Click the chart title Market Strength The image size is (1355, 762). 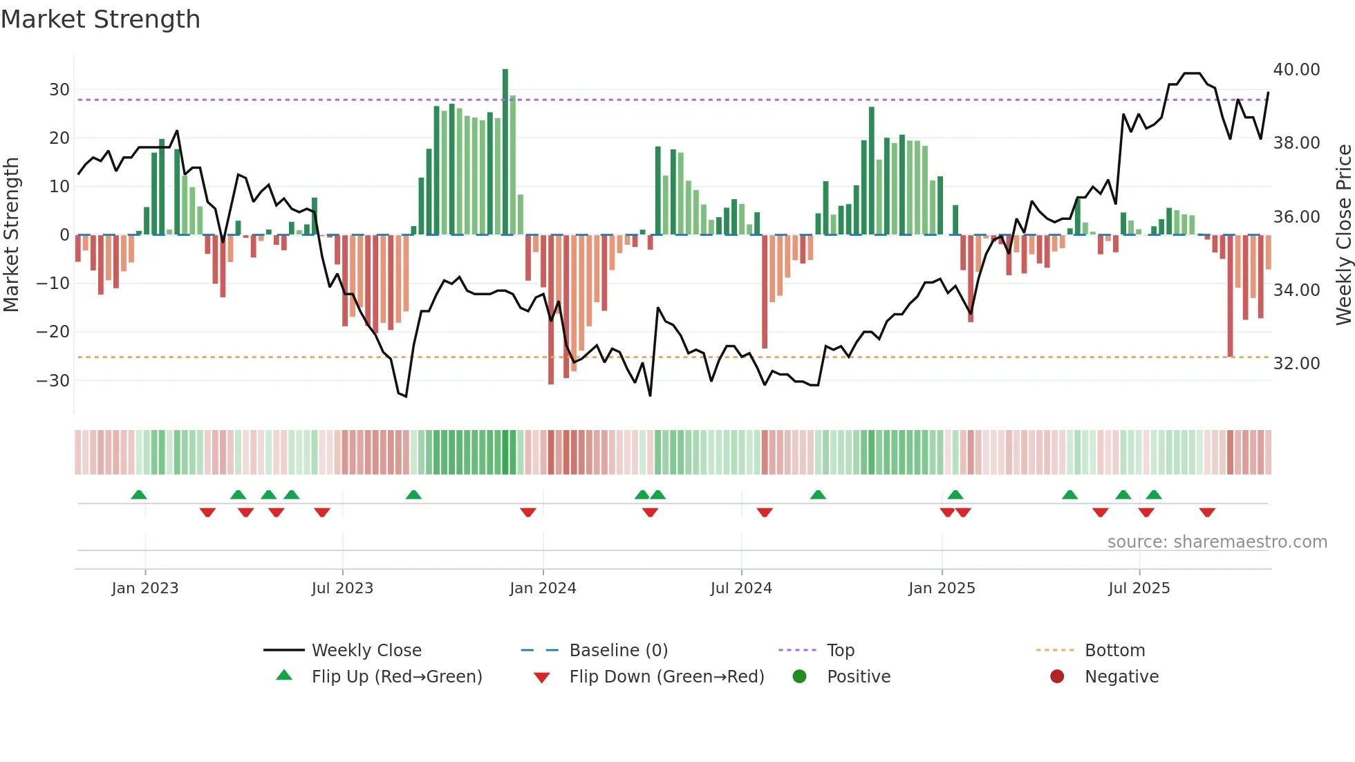tap(100, 19)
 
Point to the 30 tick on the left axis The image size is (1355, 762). tap(59, 90)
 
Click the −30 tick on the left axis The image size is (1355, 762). tap(53, 381)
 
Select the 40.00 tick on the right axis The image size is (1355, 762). tap(1296, 70)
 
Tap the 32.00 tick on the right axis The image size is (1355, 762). tap(1296, 364)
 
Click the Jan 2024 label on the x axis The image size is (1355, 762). tap(543, 588)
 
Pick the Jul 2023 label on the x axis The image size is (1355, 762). tap(342, 588)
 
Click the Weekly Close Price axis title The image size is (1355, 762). tap(1343, 235)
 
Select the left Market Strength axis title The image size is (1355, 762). tap(12, 235)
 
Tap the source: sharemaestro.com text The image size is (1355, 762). tap(1217, 542)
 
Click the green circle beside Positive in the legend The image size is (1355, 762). tap(800, 677)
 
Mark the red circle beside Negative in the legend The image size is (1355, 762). tap(1057, 677)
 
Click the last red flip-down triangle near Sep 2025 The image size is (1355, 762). tap(1207, 512)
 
